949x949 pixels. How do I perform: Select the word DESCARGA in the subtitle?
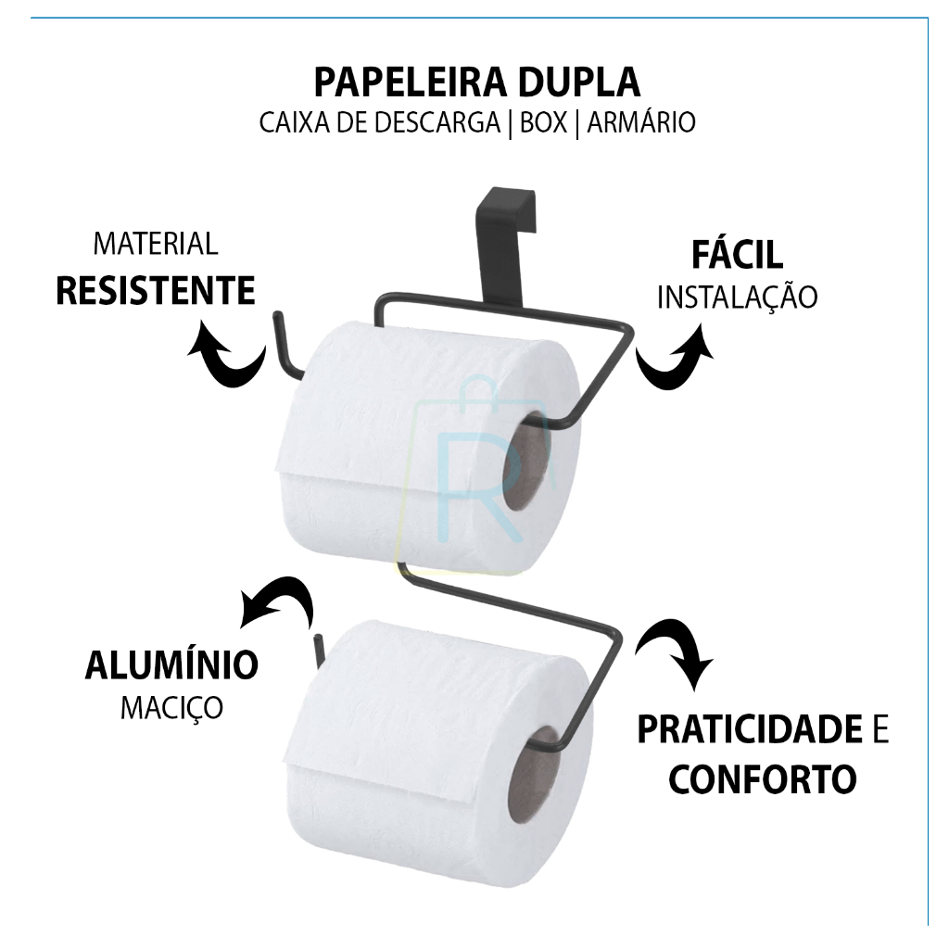pos(437,122)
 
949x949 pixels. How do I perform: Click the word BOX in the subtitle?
pos(543,122)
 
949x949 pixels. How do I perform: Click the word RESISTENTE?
pos(156,290)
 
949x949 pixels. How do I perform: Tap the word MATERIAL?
pos(156,244)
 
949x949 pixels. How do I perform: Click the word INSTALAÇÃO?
pos(737,297)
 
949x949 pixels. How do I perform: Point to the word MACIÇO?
pos(171,707)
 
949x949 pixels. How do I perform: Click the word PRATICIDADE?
pos(750,728)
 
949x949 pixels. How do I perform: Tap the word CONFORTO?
pos(763,778)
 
